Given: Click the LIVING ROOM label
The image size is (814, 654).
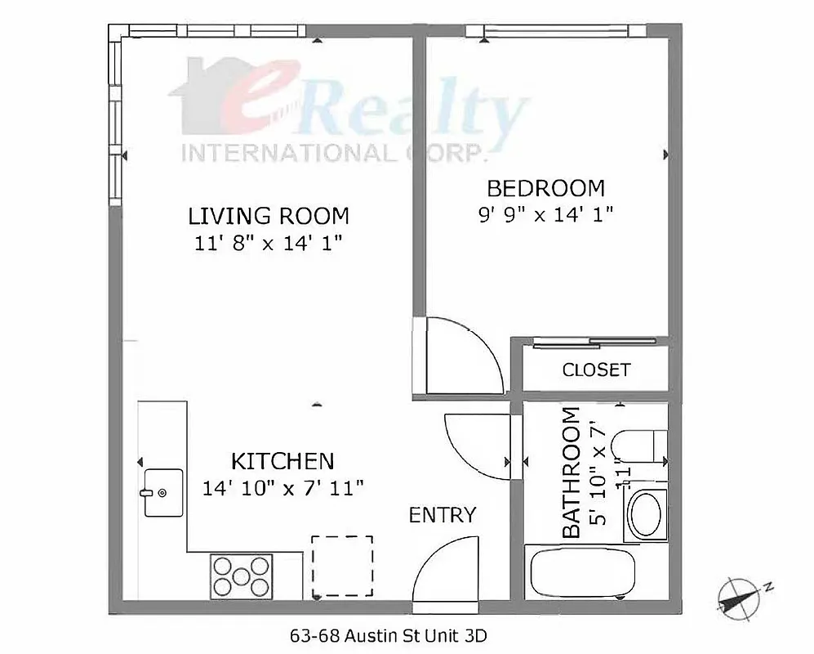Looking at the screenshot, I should point(269,216).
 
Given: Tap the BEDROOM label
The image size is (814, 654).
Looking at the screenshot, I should point(545,188).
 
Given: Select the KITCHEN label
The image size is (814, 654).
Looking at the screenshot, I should point(282,460).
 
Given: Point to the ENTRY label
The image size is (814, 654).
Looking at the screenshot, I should point(442,515).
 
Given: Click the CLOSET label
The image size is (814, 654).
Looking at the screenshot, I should point(596,370).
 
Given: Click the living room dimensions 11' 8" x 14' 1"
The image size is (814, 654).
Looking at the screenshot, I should point(269,243).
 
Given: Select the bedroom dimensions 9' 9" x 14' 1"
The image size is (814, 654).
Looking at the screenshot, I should point(545,215).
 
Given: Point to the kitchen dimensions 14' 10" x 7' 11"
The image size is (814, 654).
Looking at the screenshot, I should point(282,488).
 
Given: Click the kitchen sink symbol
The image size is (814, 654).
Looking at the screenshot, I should point(163,493).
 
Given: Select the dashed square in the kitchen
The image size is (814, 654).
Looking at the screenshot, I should point(342,566).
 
